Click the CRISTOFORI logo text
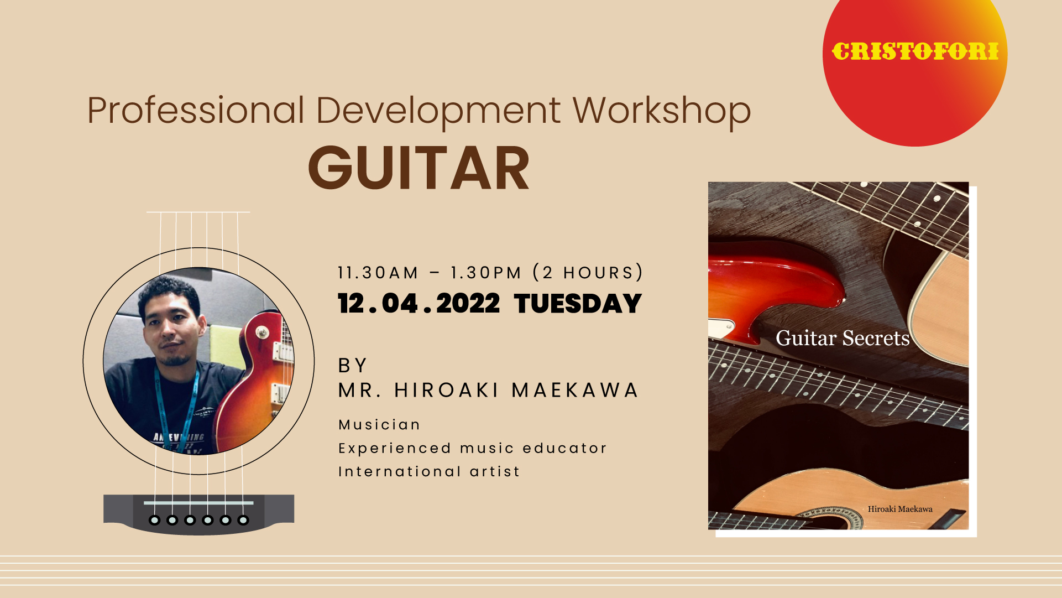click(x=915, y=51)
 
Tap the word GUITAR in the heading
click(x=419, y=168)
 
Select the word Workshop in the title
click(x=662, y=111)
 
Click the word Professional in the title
click(x=196, y=110)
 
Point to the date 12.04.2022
click(x=419, y=304)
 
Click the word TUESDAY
click(x=578, y=304)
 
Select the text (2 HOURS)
click(x=588, y=273)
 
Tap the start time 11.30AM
click(x=378, y=273)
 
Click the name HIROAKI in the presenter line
click(x=447, y=390)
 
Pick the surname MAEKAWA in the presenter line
click(x=575, y=390)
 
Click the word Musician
click(x=379, y=424)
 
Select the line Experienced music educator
click(x=473, y=448)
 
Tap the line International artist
click(x=429, y=471)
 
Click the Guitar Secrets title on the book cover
click(x=843, y=338)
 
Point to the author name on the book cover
click(x=900, y=509)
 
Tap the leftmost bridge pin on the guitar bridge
click(x=155, y=520)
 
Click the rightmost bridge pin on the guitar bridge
click(x=243, y=520)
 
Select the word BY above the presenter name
click(x=352, y=366)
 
